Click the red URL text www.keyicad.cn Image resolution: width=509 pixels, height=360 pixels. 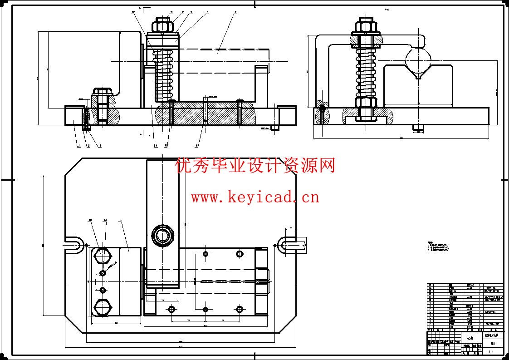click(x=254, y=197)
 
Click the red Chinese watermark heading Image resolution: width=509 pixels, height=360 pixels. click(x=254, y=166)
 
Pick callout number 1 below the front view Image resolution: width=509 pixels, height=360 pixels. click(x=78, y=146)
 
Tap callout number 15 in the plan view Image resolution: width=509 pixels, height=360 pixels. click(x=120, y=220)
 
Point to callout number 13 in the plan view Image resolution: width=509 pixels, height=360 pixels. click(x=90, y=220)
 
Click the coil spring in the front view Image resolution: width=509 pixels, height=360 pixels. click(x=163, y=75)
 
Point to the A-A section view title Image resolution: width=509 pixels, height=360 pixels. click(x=387, y=9)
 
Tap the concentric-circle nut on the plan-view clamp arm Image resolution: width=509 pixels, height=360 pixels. click(x=162, y=235)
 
